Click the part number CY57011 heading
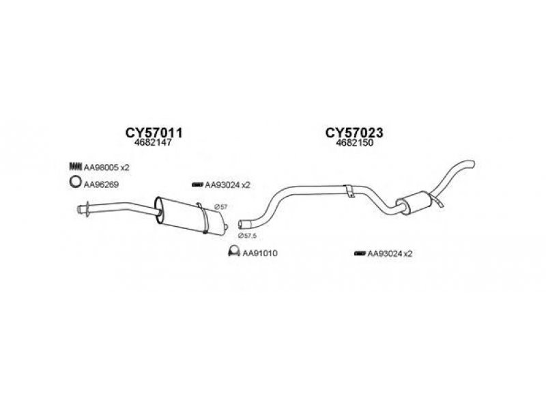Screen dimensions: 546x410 pyautogui.click(x=154, y=133)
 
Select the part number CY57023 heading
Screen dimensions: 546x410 pyautogui.click(x=354, y=133)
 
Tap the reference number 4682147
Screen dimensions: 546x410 pyautogui.click(x=154, y=143)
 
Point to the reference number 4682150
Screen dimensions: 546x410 pyautogui.click(x=354, y=143)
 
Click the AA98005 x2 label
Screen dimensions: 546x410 pyautogui.click(x=106, y=167)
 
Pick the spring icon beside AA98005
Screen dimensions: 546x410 pyautogui.click(x=75, y=166)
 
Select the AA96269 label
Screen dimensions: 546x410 pyautogui.click(x=101, y=184)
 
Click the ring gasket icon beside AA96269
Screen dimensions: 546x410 pyautogui.click(x=75, y=182)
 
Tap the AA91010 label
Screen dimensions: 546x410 pyautogui.click(x=260, y=253)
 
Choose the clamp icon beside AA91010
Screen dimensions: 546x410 pyautogui.click(x=233, y=251)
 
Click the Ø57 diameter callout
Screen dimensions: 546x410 pyautogui.click(x=220, y=207)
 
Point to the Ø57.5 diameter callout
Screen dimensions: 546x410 pyautogui.click(x=247, y=236)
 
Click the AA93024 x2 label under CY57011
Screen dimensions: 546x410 pyautogui.click(x=227, y=184)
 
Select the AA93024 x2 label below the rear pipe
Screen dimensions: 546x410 pyautogui.click(x=390, y=254)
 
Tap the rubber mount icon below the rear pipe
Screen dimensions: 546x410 pyautogui.click(x=360, y=253)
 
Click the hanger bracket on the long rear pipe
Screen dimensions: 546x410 pyautogui.click(x=349, y=191)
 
